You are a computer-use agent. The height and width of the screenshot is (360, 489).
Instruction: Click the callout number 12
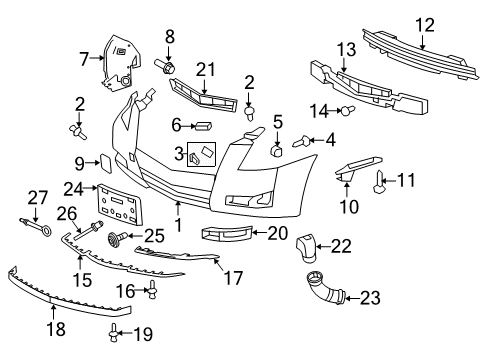pos(426,24)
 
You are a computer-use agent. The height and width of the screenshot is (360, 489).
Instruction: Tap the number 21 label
pos(207,68)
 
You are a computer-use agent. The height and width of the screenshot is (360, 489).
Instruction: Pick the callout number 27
pos(37,196)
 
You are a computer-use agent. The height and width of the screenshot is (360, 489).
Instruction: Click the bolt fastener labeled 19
pos(117,330)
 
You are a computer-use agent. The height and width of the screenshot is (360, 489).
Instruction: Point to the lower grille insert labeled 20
pos(226,234)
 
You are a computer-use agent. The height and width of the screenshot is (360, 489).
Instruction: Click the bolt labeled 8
pos(167,65)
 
